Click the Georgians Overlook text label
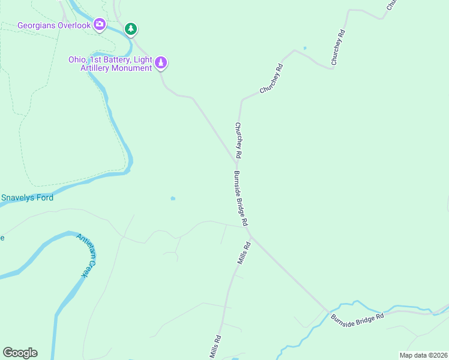click(54, 25)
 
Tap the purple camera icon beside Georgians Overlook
click(100, 25)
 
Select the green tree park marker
click(131, 28)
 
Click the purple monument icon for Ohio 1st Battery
click(161, 62)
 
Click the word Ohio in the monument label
click(77, 60)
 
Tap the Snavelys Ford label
click(27, 197)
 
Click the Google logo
click(20, 353)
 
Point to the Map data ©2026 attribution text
click(423, 355)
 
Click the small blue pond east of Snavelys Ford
click(173, 199)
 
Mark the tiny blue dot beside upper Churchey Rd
click(305, 48)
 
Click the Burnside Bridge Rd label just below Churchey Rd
click(241, 198)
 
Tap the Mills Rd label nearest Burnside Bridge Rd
click(243, 253)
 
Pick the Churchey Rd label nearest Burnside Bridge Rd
click(238, 140)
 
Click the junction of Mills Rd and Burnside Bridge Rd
click(250, 235)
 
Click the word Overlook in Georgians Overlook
click(74, 25)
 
